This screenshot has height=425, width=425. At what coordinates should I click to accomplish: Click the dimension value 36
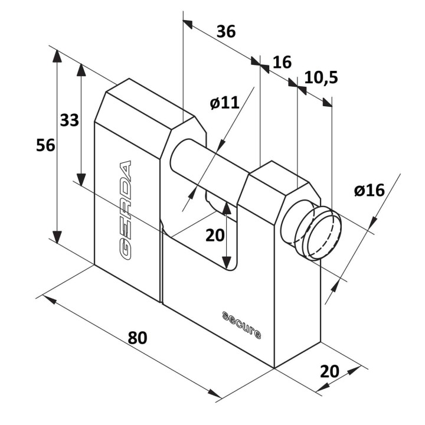tap(226, 31)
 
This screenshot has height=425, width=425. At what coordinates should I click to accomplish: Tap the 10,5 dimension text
tap(321, 77)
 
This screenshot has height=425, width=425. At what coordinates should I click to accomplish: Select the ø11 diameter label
tap(225, 103)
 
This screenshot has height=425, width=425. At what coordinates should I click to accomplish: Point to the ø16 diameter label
tap(369, 190)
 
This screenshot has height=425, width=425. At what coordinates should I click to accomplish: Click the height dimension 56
tap(45, 145)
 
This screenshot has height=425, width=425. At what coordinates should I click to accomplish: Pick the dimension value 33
tap(70, 120)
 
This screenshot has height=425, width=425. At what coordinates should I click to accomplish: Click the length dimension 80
tap(138, 338)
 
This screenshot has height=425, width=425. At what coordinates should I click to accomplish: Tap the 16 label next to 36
tap(282, 62)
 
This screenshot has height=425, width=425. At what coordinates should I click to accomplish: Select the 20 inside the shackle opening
tap(215, 235)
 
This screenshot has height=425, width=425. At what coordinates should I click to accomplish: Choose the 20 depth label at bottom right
tap(329, 371)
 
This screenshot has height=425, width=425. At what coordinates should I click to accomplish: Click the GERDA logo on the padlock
tap(125, 210)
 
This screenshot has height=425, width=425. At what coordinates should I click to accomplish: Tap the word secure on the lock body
tap(242, 325)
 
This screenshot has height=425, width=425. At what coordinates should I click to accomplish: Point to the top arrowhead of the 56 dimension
tap(57, 56)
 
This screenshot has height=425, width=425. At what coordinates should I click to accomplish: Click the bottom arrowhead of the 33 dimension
tap(81, 179)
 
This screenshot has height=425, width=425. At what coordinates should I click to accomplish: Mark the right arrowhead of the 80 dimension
tap(215, 394)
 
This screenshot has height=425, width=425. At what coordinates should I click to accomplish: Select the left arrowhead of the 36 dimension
tap(188, 24)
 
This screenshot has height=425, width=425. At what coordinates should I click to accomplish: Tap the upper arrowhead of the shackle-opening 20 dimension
tap(227, 208)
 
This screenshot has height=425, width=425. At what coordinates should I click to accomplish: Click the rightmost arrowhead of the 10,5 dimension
tap(327, 102)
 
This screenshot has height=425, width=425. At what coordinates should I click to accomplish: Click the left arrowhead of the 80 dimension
tap(50, 299)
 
